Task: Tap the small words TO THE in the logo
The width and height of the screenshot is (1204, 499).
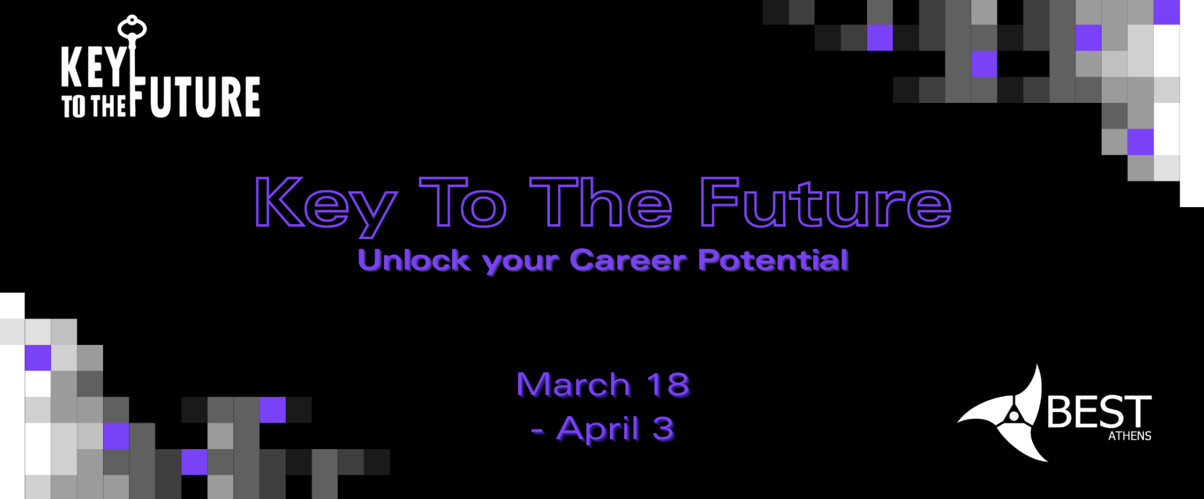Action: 94,106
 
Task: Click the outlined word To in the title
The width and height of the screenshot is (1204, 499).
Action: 463,203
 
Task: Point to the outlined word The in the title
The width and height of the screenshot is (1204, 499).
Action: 601,203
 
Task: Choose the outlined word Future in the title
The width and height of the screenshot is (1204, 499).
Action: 825,203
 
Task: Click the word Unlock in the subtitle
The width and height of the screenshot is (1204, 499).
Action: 414,261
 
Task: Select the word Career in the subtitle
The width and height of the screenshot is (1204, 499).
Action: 628,261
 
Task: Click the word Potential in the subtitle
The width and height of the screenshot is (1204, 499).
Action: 773,261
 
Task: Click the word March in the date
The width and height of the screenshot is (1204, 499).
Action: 574,385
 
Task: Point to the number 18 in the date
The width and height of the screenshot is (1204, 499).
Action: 668,385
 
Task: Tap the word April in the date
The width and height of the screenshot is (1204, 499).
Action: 598,429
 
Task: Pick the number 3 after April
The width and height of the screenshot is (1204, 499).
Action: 663,429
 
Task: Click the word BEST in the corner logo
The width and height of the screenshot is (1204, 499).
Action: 1098,412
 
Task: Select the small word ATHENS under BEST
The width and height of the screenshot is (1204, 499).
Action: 1129,436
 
